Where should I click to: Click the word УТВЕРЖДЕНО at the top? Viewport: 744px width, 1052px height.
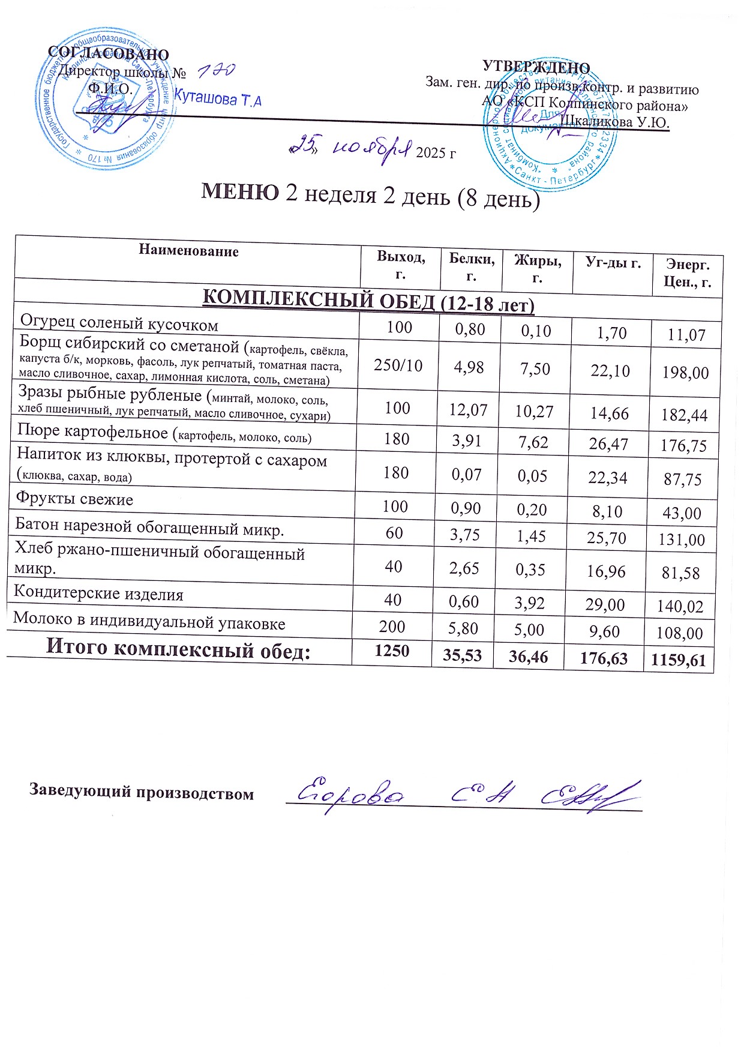pyautogui.click(x=536, y=67)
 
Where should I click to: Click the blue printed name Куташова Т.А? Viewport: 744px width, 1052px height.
pyautogui.click(x=217, y=98)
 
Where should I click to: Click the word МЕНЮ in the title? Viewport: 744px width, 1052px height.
pyautogui.click(x=239, y=192)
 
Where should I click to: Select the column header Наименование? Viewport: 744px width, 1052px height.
pyautogui.click(x=188, y=251)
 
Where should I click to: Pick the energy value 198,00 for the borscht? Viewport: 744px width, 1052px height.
pyautogui.click(x=685, y=373)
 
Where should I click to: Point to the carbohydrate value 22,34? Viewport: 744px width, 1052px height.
pyautogui.click(x=608, y=477)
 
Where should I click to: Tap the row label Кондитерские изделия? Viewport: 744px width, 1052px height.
pyautogui.click(x=98, y=594)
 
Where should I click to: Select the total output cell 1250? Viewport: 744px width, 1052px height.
pyautogui.click(x=391, y=651)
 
